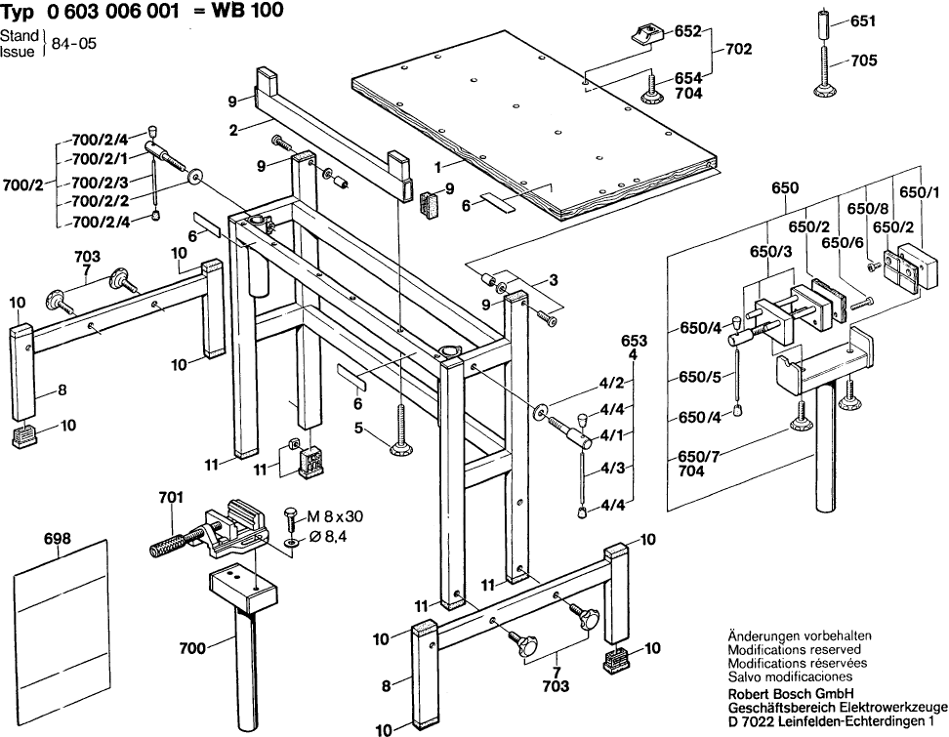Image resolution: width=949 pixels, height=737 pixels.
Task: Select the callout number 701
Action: click(170, 498)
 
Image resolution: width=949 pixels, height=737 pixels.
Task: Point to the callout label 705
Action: click(864, 61)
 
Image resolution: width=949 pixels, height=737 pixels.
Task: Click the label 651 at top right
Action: click(863, 20)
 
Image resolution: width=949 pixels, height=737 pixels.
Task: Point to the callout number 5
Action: click(358, 427)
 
